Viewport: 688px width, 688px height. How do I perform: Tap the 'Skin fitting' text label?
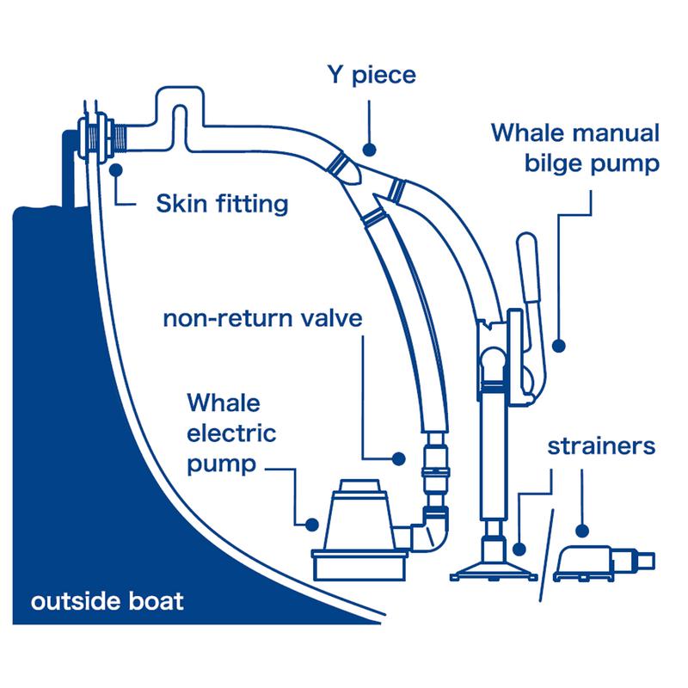pos(221,206)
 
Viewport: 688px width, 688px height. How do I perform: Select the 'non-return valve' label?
pos(263,320)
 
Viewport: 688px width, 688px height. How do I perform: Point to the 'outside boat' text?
pos(107,600)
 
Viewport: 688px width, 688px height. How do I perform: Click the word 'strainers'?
pos(602,447)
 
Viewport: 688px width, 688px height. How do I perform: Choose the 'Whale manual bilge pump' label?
pos(575,148)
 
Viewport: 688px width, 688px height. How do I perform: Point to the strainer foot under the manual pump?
pos(493,563)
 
